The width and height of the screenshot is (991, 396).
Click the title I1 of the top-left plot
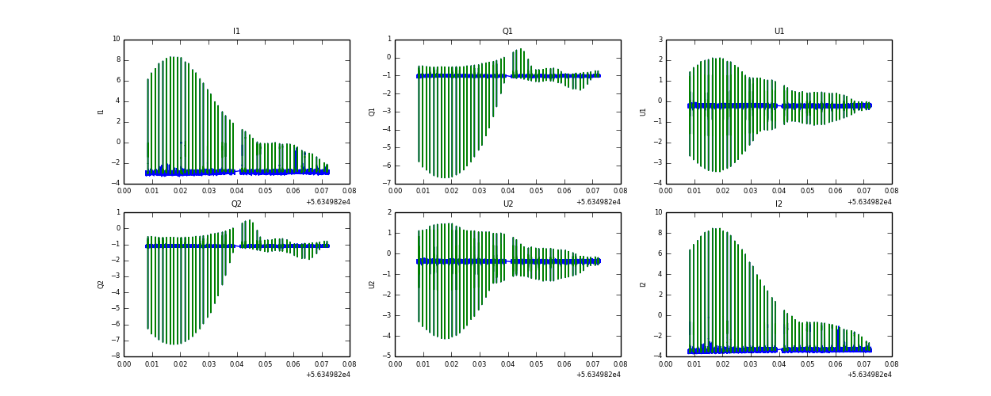coord(236,32)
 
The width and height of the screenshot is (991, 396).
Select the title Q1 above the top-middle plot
coord(507,32)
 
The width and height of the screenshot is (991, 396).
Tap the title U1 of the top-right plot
coord(779,32)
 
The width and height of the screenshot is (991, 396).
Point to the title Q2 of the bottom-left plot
coord(236,204)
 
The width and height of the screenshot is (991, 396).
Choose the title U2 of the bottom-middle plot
coord(507,204)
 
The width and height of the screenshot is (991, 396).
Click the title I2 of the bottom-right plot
coord(779,204)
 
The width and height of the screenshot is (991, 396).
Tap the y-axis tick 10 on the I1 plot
coord(116,39)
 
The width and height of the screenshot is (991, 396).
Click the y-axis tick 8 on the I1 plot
coord(118,59)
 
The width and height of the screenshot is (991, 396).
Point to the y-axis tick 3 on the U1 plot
coord(660,39)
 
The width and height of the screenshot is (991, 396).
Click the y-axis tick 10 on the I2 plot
coord(658,212)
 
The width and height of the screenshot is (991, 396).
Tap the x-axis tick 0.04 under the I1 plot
coord(236,191)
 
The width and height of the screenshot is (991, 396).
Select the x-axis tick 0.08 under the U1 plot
coord(891,191)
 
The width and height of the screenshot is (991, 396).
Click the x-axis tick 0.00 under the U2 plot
coord(395,364)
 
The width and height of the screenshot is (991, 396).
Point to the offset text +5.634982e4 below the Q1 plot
coord(598,202)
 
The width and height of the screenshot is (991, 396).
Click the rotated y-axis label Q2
coord(101,284)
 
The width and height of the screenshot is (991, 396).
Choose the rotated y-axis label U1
coord(643,112)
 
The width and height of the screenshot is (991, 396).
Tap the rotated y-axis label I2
coord(643,284)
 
